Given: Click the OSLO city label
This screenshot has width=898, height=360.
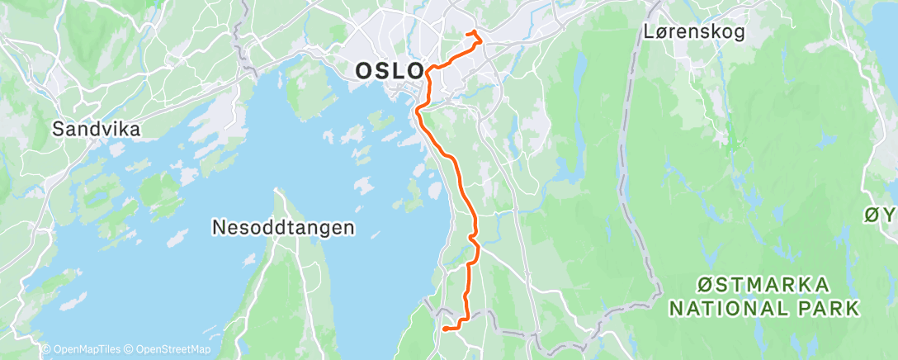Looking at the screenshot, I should (x=389, y=71).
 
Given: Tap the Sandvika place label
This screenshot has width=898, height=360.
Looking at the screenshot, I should (x=97, y=129).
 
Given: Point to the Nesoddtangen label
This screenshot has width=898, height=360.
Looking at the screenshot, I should (x=283, y=225).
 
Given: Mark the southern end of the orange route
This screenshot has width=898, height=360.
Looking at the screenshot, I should (x=445, y=329).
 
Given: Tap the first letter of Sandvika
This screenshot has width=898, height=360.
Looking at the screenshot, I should (x=59, y=129).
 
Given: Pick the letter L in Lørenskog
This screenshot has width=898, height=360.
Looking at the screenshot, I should (x=649, y=32).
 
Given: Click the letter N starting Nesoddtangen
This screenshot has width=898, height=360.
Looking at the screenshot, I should (x=218, y=225).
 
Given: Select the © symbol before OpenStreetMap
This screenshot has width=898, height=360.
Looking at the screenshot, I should (x=128, y=350).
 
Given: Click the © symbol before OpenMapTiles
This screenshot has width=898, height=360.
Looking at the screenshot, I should (x=45, y=350).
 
